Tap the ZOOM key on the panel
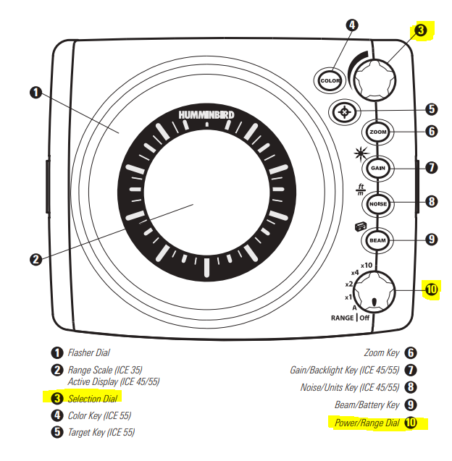point(378,132)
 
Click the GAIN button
point(378,168)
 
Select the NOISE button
point(378,204)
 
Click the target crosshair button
point(345,112)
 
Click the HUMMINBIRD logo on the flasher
point(206,114)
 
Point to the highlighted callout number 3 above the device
point(421,30)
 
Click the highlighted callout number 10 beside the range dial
point(431,289)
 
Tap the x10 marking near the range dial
point(367,265)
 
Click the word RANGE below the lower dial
point(342,318)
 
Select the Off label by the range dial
point(364,318)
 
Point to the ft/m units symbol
point(361,190)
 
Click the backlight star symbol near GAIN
point(361,153)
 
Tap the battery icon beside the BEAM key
point(361,227)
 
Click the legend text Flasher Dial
point(89,352)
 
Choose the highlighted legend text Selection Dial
point(93,399)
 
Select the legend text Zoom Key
point(382,352)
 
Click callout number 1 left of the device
point(36,93)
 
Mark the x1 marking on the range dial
point(348,297)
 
